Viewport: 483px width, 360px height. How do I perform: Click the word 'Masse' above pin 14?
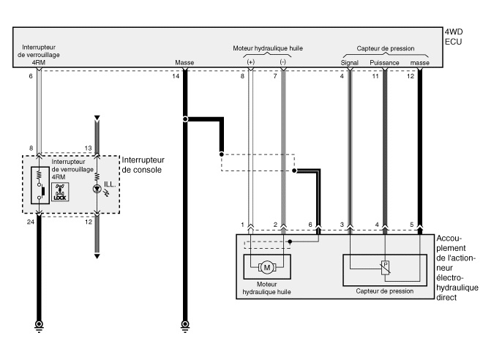coord(184,64)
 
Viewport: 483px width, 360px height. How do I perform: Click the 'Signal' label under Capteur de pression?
coord(349,64)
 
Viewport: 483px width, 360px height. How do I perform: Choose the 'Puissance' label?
coord(384,64)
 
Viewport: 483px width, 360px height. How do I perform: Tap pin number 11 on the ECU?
coord(375,76)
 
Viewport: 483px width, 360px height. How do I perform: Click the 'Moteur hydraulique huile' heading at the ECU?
coord(267,48)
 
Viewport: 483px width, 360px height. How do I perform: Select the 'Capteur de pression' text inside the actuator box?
coord(384,291)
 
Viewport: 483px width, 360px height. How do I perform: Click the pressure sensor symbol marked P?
coord(386,267)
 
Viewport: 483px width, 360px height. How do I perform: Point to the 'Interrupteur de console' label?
coord(143,165)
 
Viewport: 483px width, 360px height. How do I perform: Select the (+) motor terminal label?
coord(251,64)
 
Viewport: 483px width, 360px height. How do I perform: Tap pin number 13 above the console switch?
coord(87,149)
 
